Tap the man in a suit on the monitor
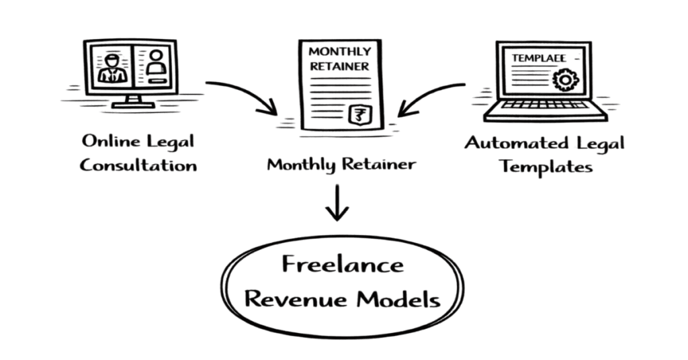click(112, 66)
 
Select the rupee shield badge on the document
click(357, 114)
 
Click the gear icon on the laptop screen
click(564, 79)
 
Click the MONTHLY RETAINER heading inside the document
click(339, 59)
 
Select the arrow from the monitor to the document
click(242, 94)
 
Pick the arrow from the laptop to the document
click(430, 94)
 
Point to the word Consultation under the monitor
click(138, 165)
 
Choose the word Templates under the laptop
click(546, 167)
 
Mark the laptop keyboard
click(546, 105)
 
